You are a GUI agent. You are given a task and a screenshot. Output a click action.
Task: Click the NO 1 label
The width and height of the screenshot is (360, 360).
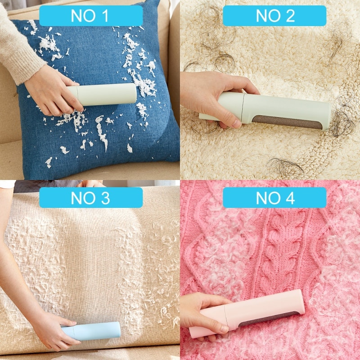click(x=90, y=16)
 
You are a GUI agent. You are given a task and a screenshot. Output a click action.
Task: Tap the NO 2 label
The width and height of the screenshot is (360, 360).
click(x=274, y=16)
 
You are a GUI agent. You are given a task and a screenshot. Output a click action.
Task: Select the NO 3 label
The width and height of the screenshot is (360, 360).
click(x=90, y=198)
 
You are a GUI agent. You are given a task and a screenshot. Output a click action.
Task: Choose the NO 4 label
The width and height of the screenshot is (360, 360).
click(x=274, y=198)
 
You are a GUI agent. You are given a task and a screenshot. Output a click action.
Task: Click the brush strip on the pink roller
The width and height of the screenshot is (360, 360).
click(x=270, y=318)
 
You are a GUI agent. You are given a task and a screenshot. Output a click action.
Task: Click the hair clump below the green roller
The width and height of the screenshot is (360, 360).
click(x=283, y=166)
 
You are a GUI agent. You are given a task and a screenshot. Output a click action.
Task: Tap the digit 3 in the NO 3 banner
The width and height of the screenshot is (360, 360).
click(x=104, y=198)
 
